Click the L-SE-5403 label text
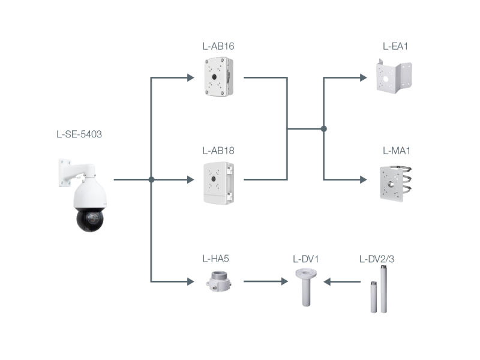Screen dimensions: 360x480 (79, 134)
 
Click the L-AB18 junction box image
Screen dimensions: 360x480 (218, 182)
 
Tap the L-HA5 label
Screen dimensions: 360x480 (215, 259)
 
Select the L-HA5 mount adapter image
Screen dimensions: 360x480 (218, 280)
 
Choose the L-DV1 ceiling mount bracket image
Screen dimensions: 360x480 (306, 287)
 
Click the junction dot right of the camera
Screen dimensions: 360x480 (151, 179)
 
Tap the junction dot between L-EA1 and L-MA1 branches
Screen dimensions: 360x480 (324, 128)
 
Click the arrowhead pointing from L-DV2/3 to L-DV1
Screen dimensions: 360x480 (328, 280)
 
